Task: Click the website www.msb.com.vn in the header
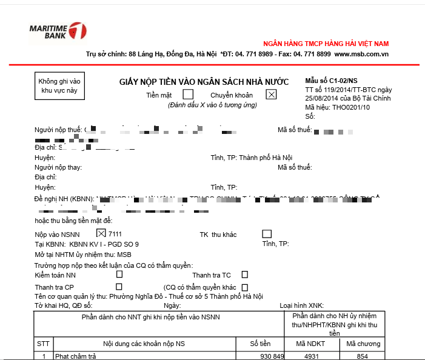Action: pos(361,55)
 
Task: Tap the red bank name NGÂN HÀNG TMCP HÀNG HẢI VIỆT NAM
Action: pos(326,44)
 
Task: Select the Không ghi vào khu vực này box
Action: pos(59,85)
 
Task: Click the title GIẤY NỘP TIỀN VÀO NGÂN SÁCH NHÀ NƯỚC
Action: pos(203,82)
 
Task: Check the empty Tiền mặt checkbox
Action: pos(188,94)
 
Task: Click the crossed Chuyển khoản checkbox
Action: pos(271,94)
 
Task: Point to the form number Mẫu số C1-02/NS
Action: pos(331,81)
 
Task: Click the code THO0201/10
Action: pos(351,107)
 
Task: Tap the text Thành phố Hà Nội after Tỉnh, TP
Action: pos(266,158)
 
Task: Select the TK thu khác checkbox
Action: pos(267,234)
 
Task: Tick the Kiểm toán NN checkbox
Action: pos(119,275)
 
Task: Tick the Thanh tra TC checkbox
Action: pos(245,275)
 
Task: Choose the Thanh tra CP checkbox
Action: pos(119,286)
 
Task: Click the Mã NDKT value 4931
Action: pos(311,356)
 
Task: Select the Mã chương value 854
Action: pos(362,356)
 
